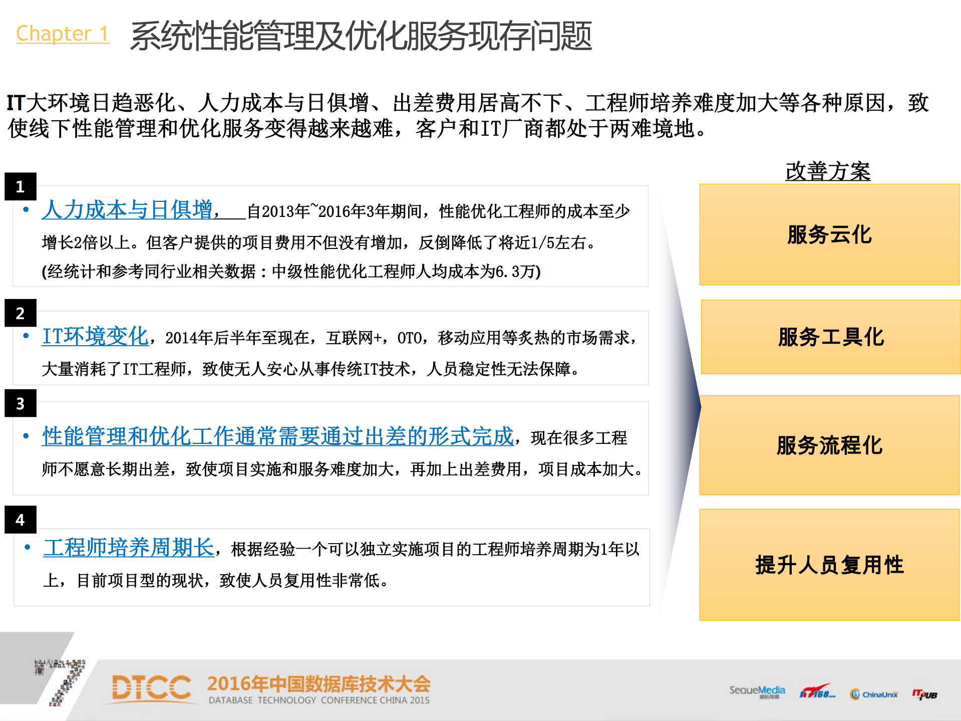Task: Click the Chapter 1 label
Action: click(63, 34)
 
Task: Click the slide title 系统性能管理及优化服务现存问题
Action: click(361, 36)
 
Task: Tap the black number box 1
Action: click(21, 186)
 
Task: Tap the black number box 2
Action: click(21, 313)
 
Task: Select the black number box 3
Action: click(21, 403)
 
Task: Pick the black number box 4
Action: click(21, 520)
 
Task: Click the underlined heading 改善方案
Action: click(828, 171)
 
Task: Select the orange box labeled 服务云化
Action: click(829, 234)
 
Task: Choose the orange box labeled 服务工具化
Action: click(831, 337)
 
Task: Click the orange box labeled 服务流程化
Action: click(829, 445)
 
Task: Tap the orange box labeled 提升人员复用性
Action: click(829, 565)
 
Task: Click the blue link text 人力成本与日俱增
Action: click(127, 210)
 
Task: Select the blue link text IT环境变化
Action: click(95, 336)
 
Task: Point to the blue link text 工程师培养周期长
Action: click(129, 548)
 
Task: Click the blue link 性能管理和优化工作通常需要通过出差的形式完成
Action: click(278, 436)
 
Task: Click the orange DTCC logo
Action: click(151, 688)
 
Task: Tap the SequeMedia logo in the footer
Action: click(757, 691)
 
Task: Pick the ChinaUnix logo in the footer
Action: click(874, 694)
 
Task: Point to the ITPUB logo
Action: click(924, 694)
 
